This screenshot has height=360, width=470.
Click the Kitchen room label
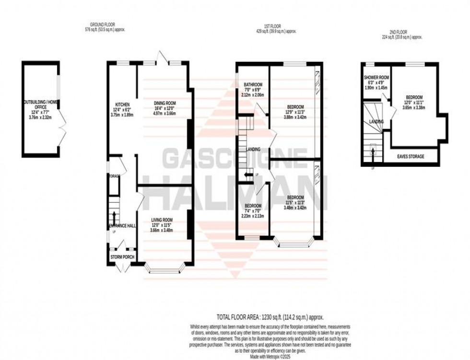(x=120, y=105)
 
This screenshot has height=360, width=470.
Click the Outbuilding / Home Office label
(x=40, y=102)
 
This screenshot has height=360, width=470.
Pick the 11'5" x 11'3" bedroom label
(x=294, y=197)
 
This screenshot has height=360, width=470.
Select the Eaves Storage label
(x=411, y=156)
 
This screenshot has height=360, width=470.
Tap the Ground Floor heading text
(x=102, y=25)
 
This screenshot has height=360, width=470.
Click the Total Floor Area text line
(x=270, y=317)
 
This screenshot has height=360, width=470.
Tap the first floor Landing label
(x=253, y=149)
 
